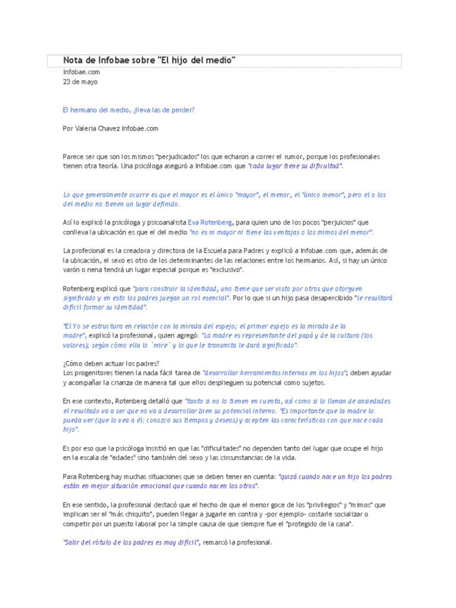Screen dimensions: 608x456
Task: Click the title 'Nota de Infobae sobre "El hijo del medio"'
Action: click(150, 60)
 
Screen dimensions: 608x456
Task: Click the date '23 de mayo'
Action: click(80, 82)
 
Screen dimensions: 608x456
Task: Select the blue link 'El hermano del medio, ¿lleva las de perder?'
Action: click(128, 110)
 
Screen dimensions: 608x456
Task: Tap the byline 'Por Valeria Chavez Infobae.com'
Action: click(110, 128)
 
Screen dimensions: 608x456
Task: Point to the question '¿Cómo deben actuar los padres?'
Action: click(111, 363)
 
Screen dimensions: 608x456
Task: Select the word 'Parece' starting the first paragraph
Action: click(73, 156)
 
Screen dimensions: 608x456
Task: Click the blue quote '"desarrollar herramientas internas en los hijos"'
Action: click(274, 372)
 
